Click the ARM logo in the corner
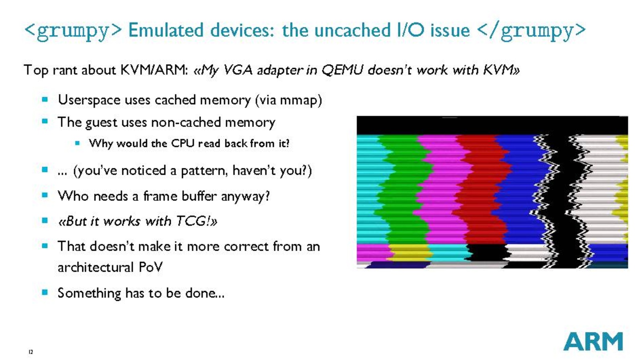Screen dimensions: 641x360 [x=593, y=342]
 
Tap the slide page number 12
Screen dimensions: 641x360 [x=31, y=352]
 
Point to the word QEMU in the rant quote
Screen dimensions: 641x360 [x=342, y=70]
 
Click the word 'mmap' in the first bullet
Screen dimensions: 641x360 [x=298, y=101]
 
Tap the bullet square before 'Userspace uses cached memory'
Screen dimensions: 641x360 [x=45, y=99]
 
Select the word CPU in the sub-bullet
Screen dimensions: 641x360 [x=182, y=144]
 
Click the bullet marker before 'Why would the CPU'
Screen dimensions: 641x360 [x=77, y=143]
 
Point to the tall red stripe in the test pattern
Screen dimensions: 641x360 [x=477, y=189]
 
